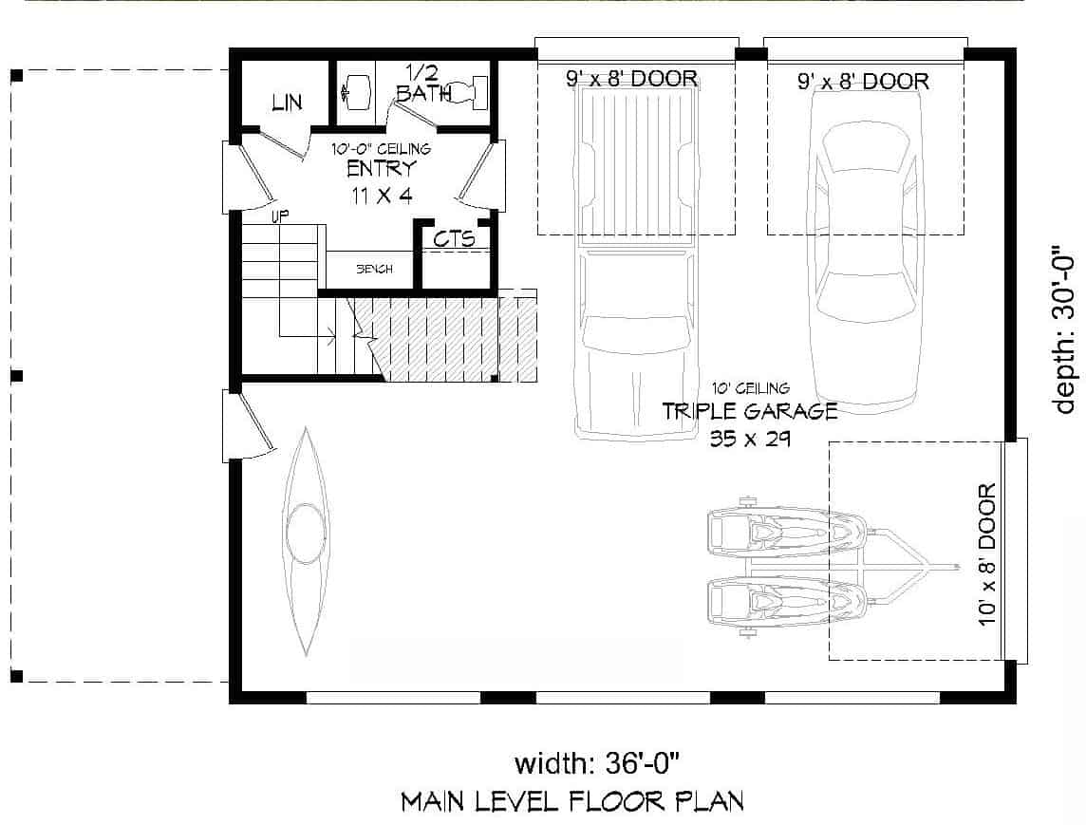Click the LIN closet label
click(x=287, y=103)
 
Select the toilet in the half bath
click(x=467, y=92)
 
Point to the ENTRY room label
click(x=381, y=169)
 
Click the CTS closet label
click(x=454, y=238)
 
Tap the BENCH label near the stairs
click(x=374, y=270)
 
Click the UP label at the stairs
click(x=280, y=216)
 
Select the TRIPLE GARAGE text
click(x=749, y=411)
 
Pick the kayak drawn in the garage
click(x=305, y=541)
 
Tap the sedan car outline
click(x=866, y=247)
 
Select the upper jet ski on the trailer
click(x=788, y=529)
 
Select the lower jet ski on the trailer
click(x=788, y=600)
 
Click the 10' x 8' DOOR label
click(x=987, y=555)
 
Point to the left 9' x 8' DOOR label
click(x=632, y=79)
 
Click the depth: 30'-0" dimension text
click(x=1066, y=332)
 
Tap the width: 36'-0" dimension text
click(x=597, y=762)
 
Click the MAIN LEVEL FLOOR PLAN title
click(x=572, y=801)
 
